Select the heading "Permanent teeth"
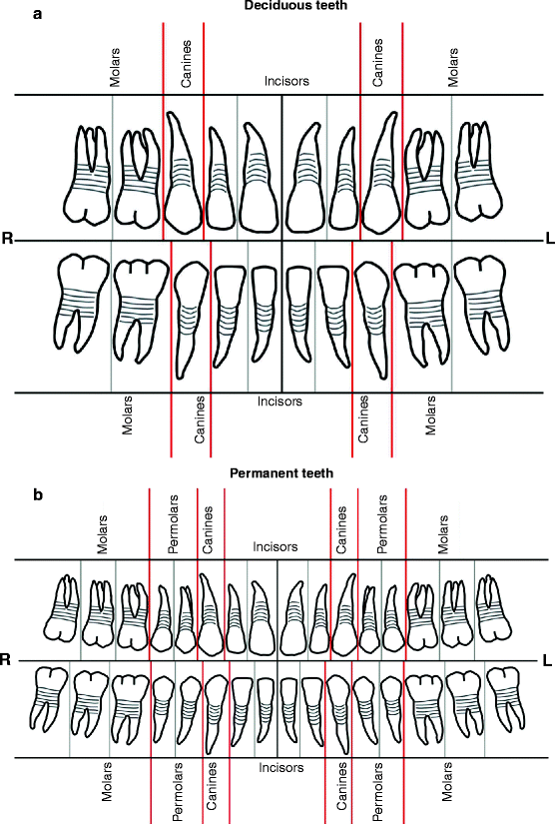pos(281,473)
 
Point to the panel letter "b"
pos(9,494)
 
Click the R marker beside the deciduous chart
pos(7,240)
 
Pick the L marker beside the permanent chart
pos(546,659)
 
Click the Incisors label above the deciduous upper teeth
pos(286,79)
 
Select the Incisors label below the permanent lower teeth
pos(281,767)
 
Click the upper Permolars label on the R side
pos(174,533)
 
